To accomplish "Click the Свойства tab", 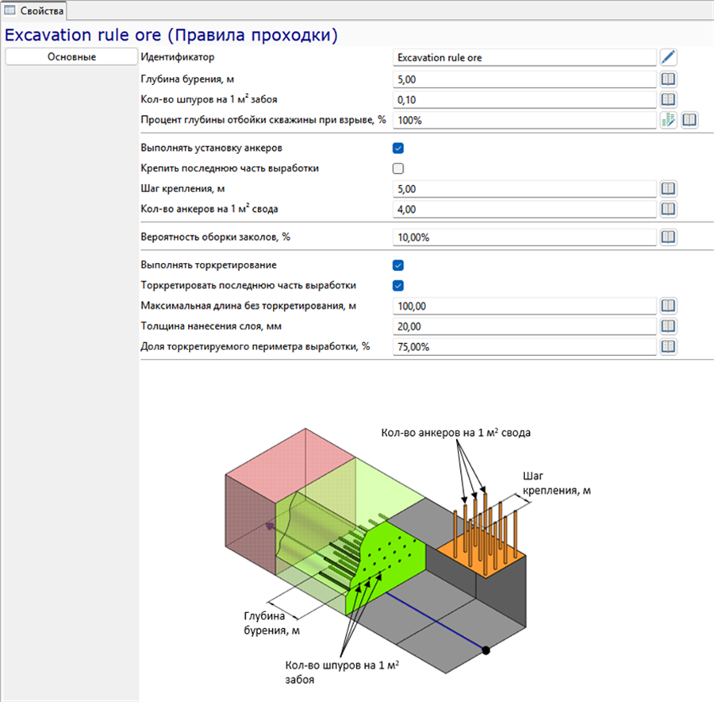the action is pyautogui.click(x=34, y=10).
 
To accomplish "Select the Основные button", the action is pyautogui.click(x=71, y=57).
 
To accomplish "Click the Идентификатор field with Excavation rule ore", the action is pyautogui.click(x=524, y=57).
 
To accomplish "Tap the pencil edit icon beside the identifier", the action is pyautogui.click(x=668, y=57).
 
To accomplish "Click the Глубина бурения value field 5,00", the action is pyautogui.click(x=524, y=79).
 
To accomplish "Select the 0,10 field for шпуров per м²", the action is pyautogui.click(x=524, y=100).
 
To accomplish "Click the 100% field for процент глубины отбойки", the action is pyautogui.click(x=524, y=121).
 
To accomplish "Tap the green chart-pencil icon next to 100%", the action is pyautogui.click(x=668, y=120).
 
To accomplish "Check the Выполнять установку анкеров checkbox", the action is pyautogui.click(x=398, y=148).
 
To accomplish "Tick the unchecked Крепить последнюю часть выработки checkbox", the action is pyautogui.click(x=398, y=168).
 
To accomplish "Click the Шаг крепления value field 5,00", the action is pyautogui.click(x=524, y=189).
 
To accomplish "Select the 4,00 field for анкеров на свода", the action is pyautogui.click(x=524, y=209).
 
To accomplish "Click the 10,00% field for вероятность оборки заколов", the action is pyautogui.click(x=524, y=237).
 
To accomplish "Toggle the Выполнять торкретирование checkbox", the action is pyautogui.click(x=398, y=265).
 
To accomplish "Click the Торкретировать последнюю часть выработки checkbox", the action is pyautogui.click(x=398, y=286).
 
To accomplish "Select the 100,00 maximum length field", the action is pyautogui.click(x=524, y=306).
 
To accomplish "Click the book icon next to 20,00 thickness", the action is pyautogui.click(x=668, y=326).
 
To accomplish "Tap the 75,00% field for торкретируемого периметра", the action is pyautogui.click(x=524, y=347).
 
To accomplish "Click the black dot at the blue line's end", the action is pyautogui.click(x=486, y=650).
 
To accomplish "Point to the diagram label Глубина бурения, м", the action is pyautogui.click(x=271, y=623).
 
